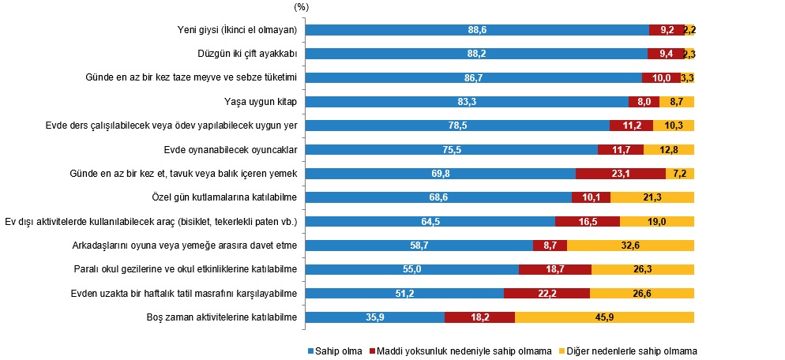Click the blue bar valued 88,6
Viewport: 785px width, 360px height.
tap(477, 30)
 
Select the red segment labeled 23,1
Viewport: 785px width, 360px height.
tap(621, 174)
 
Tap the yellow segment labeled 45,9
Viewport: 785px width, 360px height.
tap(604, 317)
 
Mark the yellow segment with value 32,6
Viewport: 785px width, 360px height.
tap(630, 246)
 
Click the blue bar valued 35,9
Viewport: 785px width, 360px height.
tap(375, 317)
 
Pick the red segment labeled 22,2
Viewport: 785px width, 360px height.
tap(546, 294)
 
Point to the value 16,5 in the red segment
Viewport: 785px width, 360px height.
tap(588, 222)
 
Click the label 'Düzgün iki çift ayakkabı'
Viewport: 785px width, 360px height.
tap(246, 54)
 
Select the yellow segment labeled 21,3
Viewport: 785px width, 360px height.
tap(652, 197)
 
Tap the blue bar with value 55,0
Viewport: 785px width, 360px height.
tap(412, 269)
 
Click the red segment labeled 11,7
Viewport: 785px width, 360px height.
tap(621, 150)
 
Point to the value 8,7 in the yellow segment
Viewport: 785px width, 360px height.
tap(677, 102)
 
